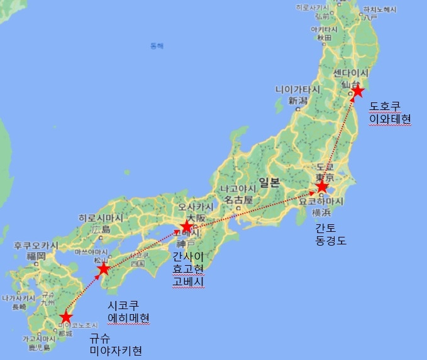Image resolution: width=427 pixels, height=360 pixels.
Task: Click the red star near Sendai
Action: [357, 92]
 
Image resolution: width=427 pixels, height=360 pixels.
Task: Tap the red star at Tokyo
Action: [322, 187]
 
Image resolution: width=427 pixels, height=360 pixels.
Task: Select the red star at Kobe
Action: [187, 226]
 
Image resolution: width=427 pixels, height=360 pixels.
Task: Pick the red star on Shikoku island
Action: [104, 270]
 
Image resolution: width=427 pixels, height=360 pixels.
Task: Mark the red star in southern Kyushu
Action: [65, 317]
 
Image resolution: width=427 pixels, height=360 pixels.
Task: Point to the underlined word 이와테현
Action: [390, 119]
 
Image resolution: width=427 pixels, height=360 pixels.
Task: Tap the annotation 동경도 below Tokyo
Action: [331, 240]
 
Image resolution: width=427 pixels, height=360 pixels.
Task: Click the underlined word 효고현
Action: [188, 269]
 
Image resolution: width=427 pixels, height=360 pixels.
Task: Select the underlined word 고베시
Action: [188, 281]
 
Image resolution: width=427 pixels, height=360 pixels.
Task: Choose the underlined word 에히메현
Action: [129, 319]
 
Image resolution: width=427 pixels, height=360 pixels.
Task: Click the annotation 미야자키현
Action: [115, 349]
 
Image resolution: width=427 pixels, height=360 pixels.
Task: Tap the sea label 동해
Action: [157, 46]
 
